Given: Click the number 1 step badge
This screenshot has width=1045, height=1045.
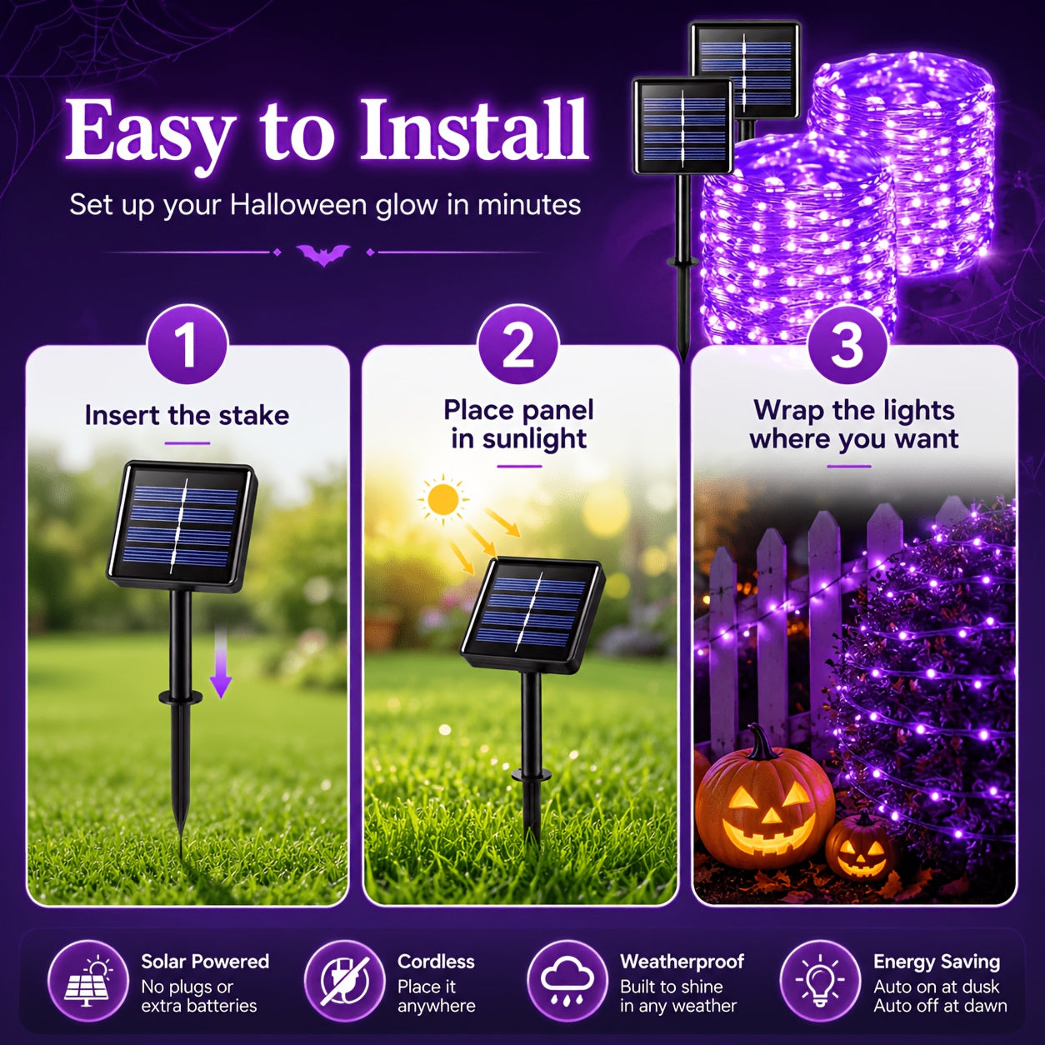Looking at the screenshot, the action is [x=187, y=345].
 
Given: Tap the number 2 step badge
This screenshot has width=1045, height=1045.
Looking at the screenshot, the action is [x=518, y=345].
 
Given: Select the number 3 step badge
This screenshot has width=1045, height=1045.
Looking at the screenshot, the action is [x=847, y=345].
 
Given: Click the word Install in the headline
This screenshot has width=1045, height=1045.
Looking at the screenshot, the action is [x=474, y=129].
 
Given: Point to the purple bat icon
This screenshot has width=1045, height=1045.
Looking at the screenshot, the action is [x=323, y=254].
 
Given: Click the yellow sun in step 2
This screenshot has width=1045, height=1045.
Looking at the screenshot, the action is [x=443, y=498].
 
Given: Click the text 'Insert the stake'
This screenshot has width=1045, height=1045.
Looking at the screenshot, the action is [x=187, y=416].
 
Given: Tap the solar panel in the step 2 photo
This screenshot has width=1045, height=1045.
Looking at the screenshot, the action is [x=533, y=616].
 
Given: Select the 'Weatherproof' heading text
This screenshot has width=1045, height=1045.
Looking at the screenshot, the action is [x=682, y=962].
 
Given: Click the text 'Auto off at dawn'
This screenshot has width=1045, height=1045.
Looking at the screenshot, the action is [x=940, y=1005].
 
